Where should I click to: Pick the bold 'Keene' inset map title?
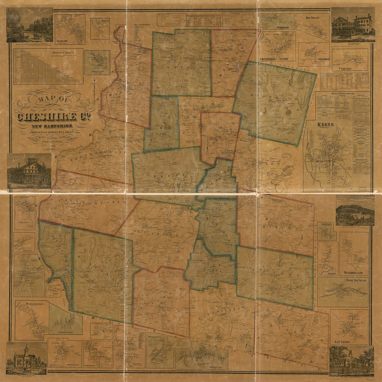tap(325, 124)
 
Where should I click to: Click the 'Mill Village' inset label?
tap(312, 17)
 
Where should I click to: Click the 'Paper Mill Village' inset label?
tap(356, 280)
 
